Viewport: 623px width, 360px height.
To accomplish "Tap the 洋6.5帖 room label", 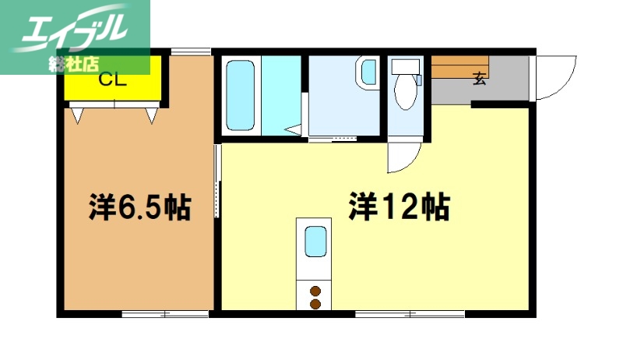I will point(139,207).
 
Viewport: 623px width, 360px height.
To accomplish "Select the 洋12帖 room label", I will point(398,207).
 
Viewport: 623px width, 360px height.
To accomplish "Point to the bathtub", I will point(241,95).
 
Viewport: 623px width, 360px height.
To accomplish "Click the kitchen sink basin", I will point(315,242).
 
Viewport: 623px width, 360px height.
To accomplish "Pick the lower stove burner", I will point(315,303).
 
